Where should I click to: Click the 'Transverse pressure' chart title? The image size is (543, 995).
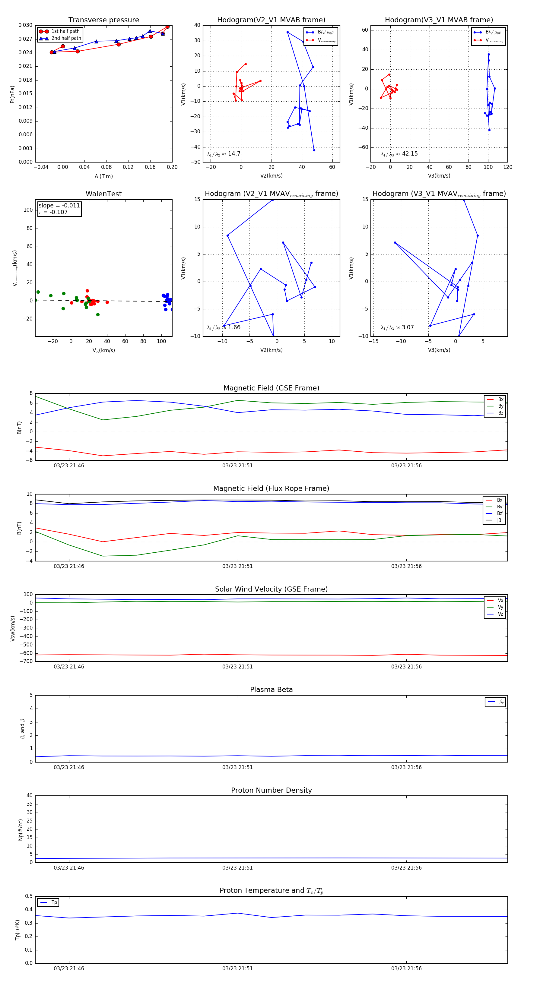[103, 20]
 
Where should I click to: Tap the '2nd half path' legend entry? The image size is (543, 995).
[66, 38]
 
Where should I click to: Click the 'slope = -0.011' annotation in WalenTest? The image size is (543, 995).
[59, 206]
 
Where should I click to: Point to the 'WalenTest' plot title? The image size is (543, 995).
[103, 194]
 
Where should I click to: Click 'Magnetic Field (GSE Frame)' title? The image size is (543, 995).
[271, 388]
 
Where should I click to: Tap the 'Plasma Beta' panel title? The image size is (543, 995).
[271, 690]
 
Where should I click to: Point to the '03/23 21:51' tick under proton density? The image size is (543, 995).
[237, 867]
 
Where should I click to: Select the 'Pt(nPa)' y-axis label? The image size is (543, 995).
[12, 94]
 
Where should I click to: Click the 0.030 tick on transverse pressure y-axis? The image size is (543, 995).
[26, 25]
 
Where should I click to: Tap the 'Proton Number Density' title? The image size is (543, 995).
[271, 790]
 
